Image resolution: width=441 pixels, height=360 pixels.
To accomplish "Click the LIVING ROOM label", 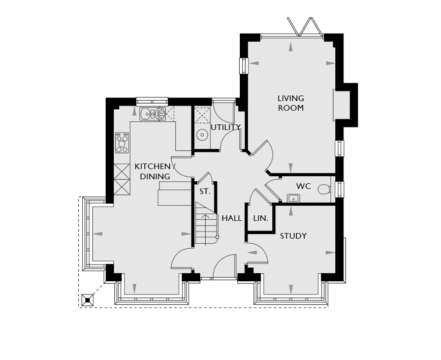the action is click(x=291, y=103).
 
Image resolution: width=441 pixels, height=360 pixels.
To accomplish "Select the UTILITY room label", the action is click(x=226, y=127).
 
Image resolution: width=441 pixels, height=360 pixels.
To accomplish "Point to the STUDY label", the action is click(x=293, y=236).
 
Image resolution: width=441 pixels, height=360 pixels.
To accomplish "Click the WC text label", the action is click(x=303, y=186).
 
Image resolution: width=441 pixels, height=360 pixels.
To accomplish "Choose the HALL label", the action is click(x=232, y=218).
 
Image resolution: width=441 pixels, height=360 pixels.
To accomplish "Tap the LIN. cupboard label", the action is click(x=261, y=218).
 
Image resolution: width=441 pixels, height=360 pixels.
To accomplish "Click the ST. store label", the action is click(x=205, y=191).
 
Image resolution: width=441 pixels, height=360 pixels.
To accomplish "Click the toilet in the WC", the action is click(x=325, y=189).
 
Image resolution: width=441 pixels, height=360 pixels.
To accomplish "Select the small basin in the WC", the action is click(x=293, y=199).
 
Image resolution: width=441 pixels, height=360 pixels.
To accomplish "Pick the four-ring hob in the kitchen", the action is click(x=122, y=143).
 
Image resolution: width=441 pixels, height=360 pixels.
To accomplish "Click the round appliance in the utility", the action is click(x=202, y=135).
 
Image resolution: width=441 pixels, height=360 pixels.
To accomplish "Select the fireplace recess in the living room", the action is click(x=341, y=105).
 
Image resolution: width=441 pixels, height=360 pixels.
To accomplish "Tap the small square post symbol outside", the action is click(x=88, y=300).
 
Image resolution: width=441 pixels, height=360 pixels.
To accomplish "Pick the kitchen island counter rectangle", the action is click(x=175, y=193).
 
